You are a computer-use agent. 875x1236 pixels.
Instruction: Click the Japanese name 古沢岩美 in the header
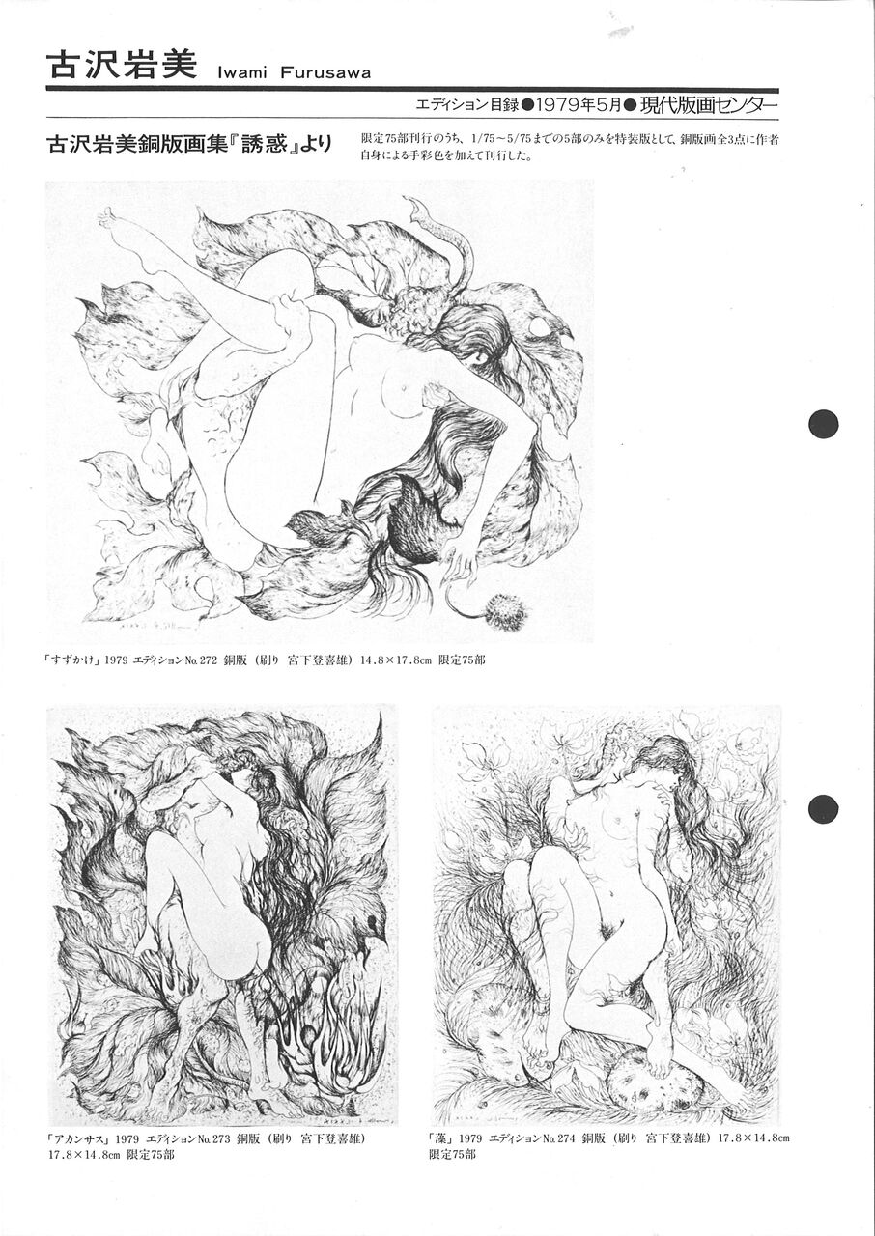click(122, 67)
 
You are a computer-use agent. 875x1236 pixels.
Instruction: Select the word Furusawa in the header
click(325, 72)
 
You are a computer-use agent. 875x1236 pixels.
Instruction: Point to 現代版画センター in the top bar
click(708, 105)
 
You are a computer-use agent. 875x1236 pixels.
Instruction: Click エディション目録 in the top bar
click(466, 105)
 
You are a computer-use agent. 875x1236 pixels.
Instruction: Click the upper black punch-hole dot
click(823, 424)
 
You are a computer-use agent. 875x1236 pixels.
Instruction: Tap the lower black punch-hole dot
click(823, 809)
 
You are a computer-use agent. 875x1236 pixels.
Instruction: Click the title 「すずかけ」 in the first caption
click(72, 660)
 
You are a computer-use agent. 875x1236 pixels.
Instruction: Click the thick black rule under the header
click(412, 90)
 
